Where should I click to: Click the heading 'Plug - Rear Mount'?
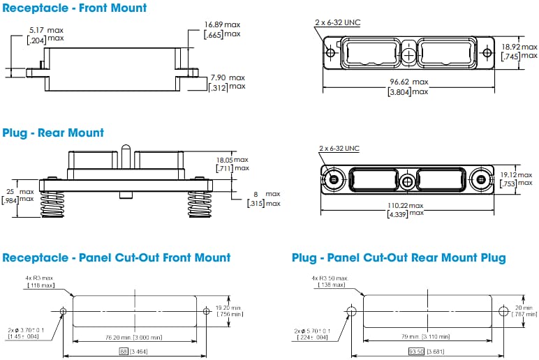click(53, 133)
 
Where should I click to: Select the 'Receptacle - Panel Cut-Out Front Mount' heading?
click(117, 257)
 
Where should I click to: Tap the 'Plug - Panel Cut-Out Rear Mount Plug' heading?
click(399, 258)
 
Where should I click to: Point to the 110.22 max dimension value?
click(406, 206)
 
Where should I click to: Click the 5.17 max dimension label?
click(46, 29)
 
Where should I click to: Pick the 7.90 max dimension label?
click(228, 77)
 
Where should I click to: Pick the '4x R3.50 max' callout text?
click(328, 278)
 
